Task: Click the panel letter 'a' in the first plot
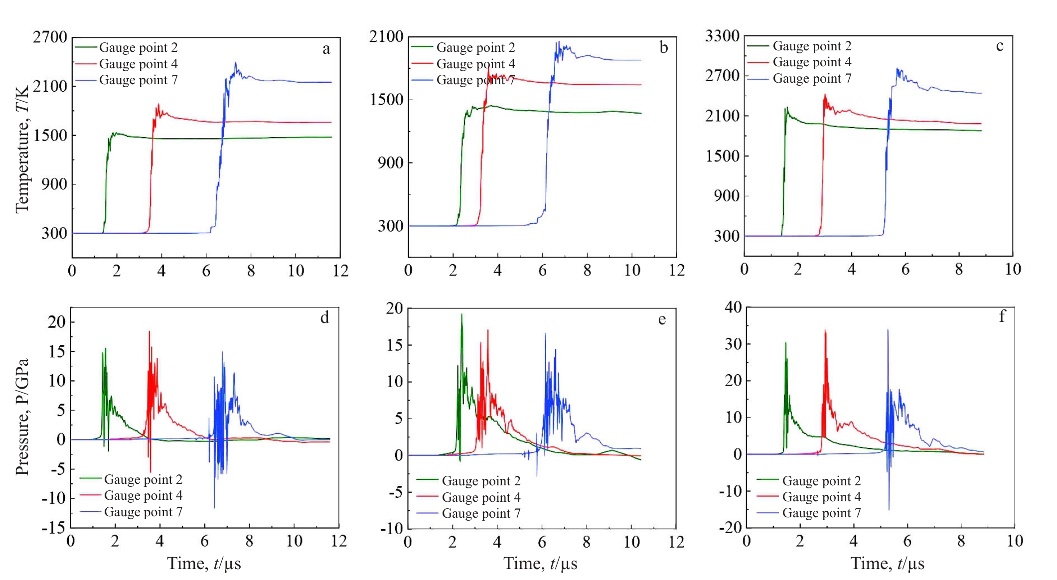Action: click(x=326, y=49)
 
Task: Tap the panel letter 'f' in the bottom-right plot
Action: click(x=1002, y=316)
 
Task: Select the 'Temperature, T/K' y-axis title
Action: click(x=22, y=149)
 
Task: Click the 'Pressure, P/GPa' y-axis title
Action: click(x=22, y=417)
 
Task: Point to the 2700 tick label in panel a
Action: click(x=50, y=37)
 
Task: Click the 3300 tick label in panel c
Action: click(x=723, y=36)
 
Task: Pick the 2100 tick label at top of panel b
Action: click(x=386, y=36)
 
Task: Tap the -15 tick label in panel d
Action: click(x=53, y=527)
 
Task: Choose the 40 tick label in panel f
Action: click(x=734, y=307)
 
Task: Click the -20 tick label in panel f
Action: click(x=730, y=527)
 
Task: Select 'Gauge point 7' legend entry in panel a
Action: click(x=138, y=80)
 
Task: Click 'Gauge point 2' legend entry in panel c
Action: click(x=812, y=46)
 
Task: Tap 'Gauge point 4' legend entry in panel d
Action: click(x=143, y=495)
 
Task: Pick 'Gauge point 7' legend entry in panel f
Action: click(x=821, y=513)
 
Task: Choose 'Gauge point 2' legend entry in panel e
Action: click(x=481, y=481)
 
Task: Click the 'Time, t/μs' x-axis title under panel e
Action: click(x=540, y=564)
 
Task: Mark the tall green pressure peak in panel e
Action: click(x=461, y=315)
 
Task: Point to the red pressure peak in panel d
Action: click(x=149, y=332)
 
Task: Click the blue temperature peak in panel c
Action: click(x=897, y=70)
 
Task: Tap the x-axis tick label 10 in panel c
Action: click(x=1013, y=270)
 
